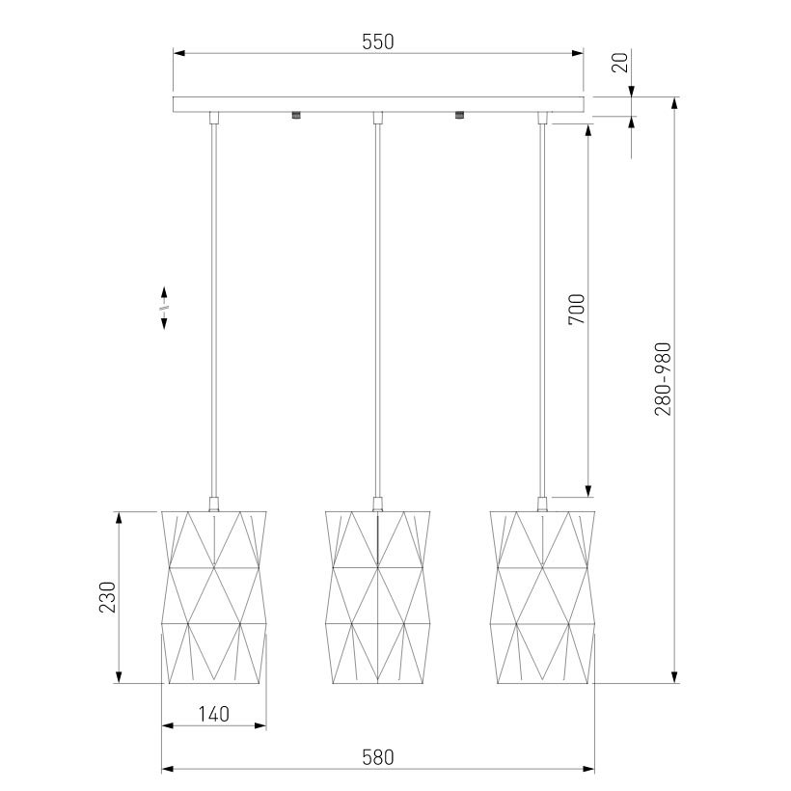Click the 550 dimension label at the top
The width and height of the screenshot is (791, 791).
[x=378, y=41]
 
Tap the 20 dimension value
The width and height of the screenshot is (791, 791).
[x=620, y=63]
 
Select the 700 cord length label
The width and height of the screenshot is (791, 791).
[x=577, y=310]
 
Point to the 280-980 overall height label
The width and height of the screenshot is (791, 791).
[x=663, y=379]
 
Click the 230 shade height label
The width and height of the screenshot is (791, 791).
[x=107, y=597]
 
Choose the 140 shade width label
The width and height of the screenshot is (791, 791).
[x=213, y=715]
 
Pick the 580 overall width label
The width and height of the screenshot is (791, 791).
[x=378, y=757]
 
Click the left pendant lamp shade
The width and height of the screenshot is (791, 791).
[x=214, y=598]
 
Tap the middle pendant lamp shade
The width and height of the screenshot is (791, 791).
[x=378, y=598]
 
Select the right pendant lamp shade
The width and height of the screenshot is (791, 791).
[x=542, y=598]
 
